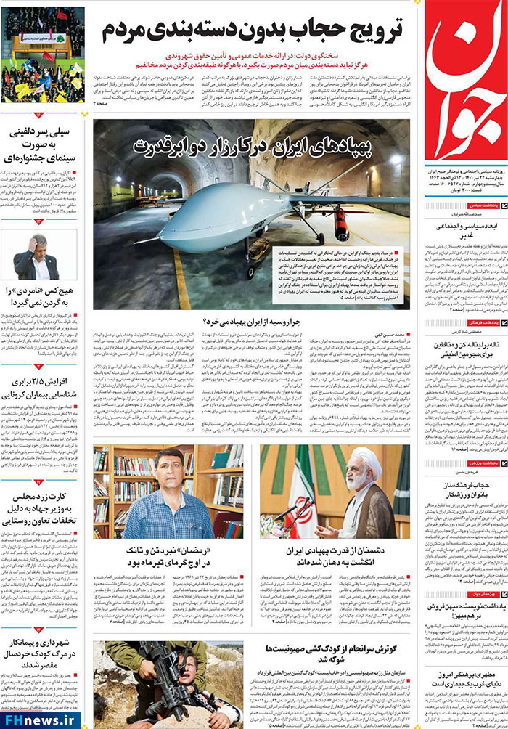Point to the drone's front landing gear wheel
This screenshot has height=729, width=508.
click(x=250, y=272)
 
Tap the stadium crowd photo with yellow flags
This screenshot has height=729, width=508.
click(x=42, y=54)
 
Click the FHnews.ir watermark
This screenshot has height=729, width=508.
click(x=40, y=718)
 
